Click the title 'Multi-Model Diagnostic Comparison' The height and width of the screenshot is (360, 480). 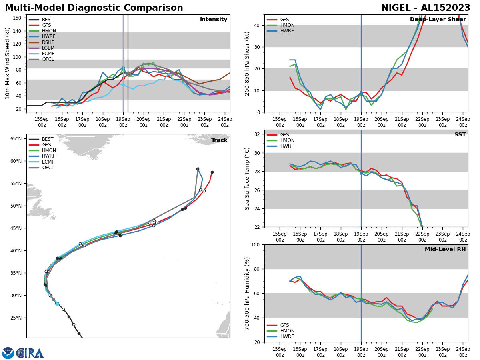click(x=94, y=8)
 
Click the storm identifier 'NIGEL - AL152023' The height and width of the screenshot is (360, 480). click(x=426, y=8)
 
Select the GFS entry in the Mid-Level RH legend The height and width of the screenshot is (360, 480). click(x=286, y=325)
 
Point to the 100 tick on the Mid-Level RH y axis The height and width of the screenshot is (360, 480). click(x=256, y=244)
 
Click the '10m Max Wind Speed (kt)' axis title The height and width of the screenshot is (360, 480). click(x=7, y=63)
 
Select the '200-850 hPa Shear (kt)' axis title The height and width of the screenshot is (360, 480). click(x=248, y=63)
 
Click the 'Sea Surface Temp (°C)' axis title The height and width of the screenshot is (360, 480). click(x=248, y=178)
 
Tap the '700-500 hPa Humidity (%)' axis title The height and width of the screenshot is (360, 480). click(x=248, y=293)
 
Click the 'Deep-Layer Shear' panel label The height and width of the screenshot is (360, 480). click(x=438, y=20)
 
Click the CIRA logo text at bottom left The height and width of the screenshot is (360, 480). click(x=30, y=353)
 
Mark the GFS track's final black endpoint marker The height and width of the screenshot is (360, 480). click(x=212, y=172)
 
